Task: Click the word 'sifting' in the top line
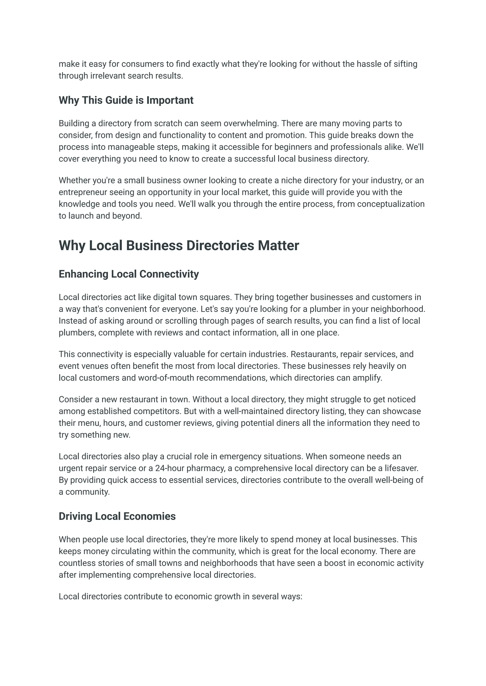coord(405,64)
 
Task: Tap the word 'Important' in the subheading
coord(170,100)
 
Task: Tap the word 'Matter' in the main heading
coord(278,245)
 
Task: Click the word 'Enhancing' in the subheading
coord(84,274)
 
